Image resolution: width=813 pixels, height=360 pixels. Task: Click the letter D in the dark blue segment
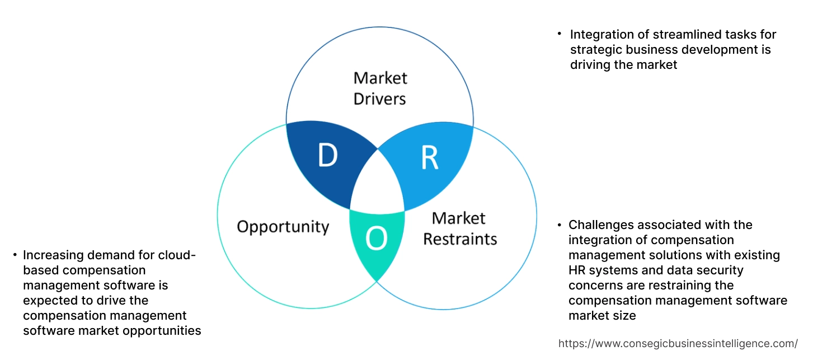tap(327, 156)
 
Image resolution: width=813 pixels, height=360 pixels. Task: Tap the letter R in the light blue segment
tap(429, 158)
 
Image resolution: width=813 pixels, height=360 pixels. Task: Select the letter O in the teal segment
tap(376, 239)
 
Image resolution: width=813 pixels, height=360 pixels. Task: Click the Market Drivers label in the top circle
tap(380, 88)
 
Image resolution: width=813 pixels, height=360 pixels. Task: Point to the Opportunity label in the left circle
tap(283, 227)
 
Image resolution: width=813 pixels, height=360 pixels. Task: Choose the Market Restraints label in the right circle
tap(459, 228)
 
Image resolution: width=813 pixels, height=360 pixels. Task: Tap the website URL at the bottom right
tap(678, 343)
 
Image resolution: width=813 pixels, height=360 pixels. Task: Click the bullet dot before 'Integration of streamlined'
tap(559, 34)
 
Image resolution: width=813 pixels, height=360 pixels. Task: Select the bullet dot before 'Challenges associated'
tap(559, 225)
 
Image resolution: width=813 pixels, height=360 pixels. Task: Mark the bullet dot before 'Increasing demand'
tap(15, 255)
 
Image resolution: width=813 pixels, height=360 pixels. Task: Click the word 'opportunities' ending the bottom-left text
tap(163, 331)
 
